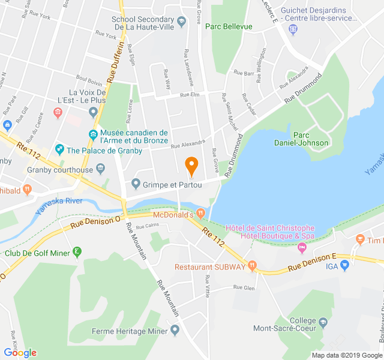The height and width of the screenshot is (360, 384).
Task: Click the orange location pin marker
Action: [x=191, y=166]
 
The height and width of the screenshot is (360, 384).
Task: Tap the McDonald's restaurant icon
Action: [x=200, y=214]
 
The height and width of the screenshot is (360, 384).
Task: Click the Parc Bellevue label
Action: [x=229, y=26]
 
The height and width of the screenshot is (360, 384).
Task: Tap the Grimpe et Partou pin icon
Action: [x=136, y=184]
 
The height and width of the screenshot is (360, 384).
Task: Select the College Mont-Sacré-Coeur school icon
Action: [x=323, y=322]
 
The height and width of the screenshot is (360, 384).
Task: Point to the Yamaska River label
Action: [x=59, y=205]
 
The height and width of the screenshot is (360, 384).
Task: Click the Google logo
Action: [x=20, y=353]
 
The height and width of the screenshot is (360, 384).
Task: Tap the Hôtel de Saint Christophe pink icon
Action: [x=302, y=247]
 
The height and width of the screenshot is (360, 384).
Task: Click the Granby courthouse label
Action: [x=60, y=170]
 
